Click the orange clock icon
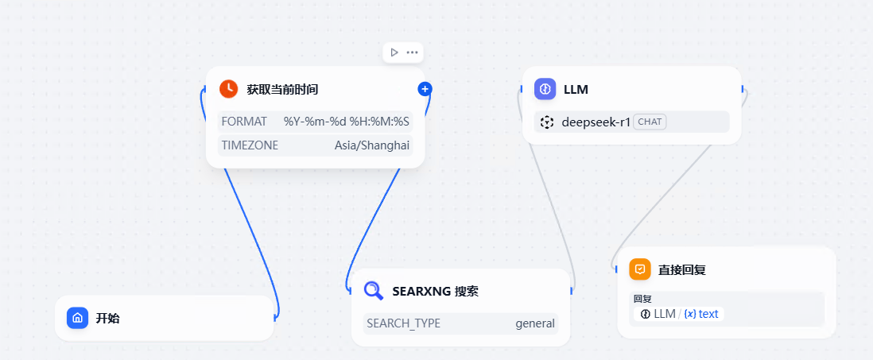coord(229,89)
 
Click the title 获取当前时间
coord(282,89)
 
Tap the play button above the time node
coord(394,52)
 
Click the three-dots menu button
coord(412,52)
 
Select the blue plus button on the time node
coord(425,89)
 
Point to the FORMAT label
coord(244,122)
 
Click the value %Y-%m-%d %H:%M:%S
coord(347,122)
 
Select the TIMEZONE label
coord(250,145)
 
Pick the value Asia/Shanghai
coord(372,145)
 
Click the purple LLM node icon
coord(545,89)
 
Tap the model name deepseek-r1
coord(596,122)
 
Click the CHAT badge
coord(650,122)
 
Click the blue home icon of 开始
coord(77,318)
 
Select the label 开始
coord(108,318)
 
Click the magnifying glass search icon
coord(373,290)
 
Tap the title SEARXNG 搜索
coord(435,291)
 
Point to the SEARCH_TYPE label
coord(403,323)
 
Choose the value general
coord(535,323)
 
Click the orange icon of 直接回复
coord(640,269)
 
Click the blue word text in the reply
coord(708,314)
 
